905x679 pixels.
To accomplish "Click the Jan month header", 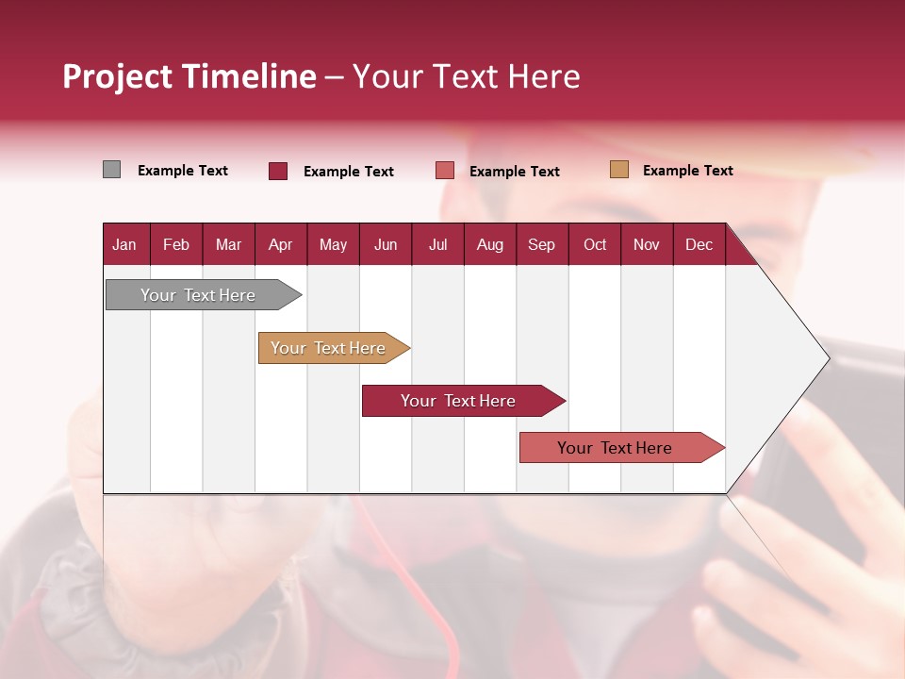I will (x=124, y=244).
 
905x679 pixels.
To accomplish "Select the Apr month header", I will (x=280, y=244).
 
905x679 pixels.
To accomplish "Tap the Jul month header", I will (x=437, y=244).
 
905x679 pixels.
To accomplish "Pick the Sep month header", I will (x=541, y=244).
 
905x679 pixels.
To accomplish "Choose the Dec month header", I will (x=699, y=244).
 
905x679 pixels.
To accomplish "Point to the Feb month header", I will (x=176, y=244).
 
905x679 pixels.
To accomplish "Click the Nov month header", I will (x=646, y=244).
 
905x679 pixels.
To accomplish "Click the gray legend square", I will (x=111, y=170).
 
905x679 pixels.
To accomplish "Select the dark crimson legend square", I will (x=277, y=171).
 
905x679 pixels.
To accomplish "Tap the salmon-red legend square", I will (x=445, y=171).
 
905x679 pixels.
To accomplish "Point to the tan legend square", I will (x=619, y=170).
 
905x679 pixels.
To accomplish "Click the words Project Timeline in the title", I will (x=189, y=76).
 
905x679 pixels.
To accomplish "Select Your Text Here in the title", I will (x=466, y=76).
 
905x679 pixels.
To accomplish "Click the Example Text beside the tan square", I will (x=687, y=171).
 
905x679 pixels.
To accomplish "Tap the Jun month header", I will (x=386, y=244).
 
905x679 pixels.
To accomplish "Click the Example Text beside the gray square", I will (x=182, y=171).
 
